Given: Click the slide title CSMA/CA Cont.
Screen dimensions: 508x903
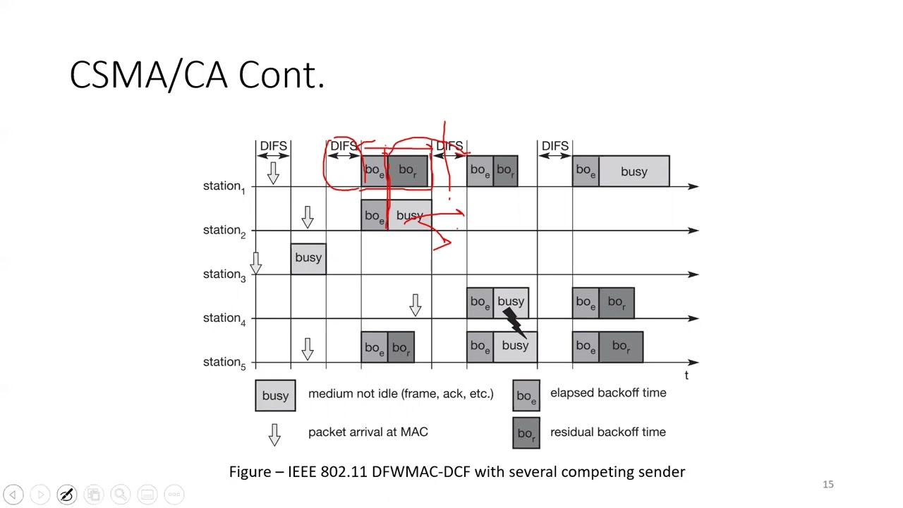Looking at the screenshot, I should tap(197, 75).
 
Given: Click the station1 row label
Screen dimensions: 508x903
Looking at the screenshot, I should tap(224, 186).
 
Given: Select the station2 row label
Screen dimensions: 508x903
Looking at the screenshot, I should tap(224, 230).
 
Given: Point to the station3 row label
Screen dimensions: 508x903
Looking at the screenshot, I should tap(224, 274).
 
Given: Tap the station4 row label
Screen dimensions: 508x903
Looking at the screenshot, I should tap(224, 318).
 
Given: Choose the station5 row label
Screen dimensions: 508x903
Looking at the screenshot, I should tap(224, 362).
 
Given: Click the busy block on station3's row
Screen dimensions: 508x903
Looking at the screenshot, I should tap(308, 258).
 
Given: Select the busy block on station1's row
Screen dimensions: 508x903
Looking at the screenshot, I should tap(634, 171).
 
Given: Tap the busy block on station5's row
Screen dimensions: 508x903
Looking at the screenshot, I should tap(515, 346).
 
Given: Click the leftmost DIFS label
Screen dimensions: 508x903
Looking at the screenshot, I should tap(273, 146).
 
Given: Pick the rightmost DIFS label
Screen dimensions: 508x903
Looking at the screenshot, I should tap(554, 146).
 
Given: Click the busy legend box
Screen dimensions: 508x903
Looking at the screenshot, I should tap(275, 396).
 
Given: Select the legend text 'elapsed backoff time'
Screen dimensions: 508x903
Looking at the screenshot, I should tap(607, 393).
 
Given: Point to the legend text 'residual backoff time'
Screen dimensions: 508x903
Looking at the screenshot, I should tap(607, 432).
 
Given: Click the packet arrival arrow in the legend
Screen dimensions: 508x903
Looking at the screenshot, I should tap(274, 434).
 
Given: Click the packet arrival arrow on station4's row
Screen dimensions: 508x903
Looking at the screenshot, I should tap(416, 305).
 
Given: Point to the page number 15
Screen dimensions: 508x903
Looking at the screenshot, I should tap(828, 484).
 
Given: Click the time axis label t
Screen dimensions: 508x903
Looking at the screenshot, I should tap(686, 375).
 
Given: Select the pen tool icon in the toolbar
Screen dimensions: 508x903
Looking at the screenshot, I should tap(66, 495).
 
